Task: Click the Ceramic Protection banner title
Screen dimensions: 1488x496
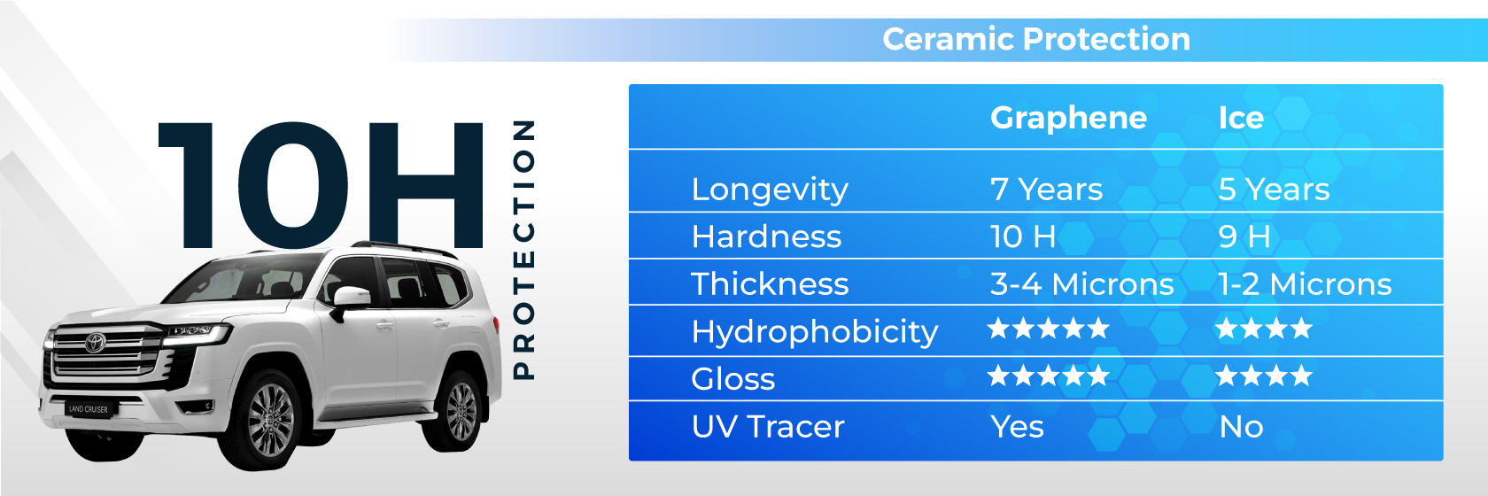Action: [1036, 39]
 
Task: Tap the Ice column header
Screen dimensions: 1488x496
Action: [1241, 118]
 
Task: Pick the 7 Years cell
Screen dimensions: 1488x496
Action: [1046, 190]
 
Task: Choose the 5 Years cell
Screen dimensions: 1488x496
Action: [1274, 190]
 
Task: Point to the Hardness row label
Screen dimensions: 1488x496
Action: [766, 236]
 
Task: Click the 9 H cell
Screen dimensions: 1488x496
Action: [1244, 236]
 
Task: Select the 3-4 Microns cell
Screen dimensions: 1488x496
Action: [1082, 284]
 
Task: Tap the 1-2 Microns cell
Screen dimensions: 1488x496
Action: [1305, 284]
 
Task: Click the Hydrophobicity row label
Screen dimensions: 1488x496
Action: [815, 332]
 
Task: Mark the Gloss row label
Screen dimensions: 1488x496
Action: [733, 379]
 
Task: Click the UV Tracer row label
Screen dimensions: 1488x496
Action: [768, 426]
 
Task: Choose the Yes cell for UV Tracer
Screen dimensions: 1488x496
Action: [1017, 426]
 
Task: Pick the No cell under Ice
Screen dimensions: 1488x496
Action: [1241, 427]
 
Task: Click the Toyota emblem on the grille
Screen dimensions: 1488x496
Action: [95, 342]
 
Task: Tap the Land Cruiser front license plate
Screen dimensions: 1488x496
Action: [89, 409]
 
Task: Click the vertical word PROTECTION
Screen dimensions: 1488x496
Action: [524, 250]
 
